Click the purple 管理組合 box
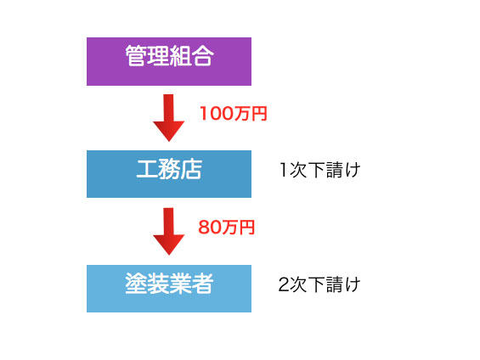pos(169,61)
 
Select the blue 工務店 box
pos(169,174)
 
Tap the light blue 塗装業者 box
pos(169,289)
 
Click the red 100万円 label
pos(234,114)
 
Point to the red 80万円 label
pos(227,228)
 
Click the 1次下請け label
pos(320,170)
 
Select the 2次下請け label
pos(319,284)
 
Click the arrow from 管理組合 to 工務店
pos(169,118)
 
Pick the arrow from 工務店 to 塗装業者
pos(169,232)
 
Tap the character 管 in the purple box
pos(136,56)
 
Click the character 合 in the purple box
pos(202,56)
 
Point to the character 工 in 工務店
pos(147,169)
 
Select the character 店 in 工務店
pos(191,169)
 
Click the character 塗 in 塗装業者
pos(136,284)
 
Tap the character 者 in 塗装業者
pos(202,284)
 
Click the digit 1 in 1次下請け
pos(284,170)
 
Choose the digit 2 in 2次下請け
pos(284,284)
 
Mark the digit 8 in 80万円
pos(204,228)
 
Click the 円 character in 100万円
pos(260,114)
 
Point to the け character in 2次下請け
pos(353,284)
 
